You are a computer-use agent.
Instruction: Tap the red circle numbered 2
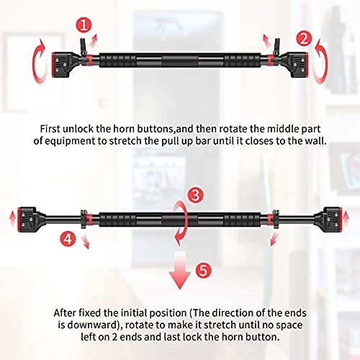305,37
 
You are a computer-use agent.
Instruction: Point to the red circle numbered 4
67,235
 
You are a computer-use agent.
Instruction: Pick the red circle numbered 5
204,271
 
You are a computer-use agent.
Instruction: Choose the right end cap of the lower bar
333,217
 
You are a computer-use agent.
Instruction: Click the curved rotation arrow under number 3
180,219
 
